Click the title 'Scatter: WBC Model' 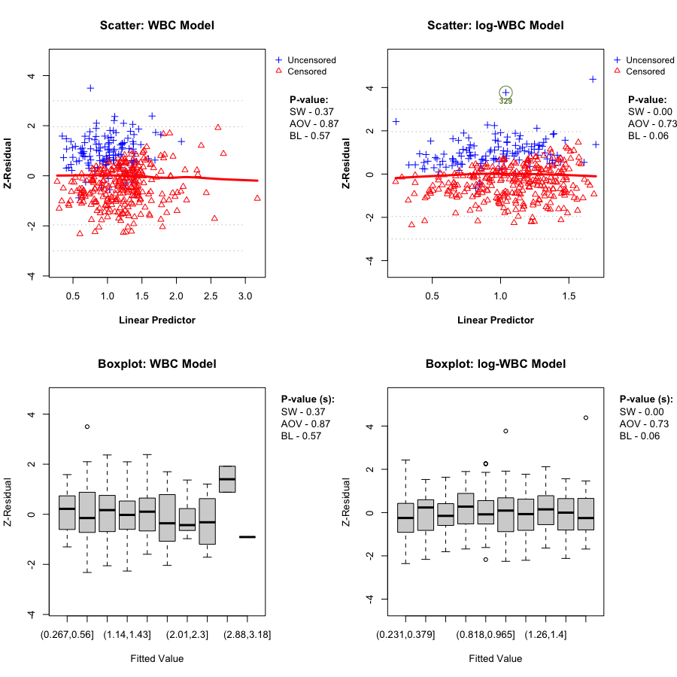tap(156, 26)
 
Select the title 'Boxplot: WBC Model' tap(156, 364)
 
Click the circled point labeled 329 tap(505, 92)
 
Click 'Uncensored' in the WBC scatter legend tap(311, 60)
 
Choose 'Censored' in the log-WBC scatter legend tap(645, 71)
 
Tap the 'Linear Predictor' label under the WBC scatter tap(156, 320)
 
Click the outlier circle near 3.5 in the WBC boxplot tap(87, 427)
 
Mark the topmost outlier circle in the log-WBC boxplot tap(585, 417)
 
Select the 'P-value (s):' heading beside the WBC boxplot tap(307, 399)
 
